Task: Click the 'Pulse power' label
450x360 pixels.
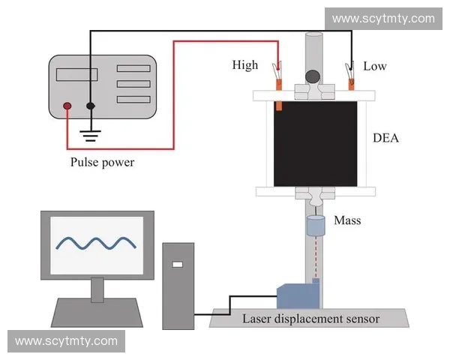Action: coord(102,162)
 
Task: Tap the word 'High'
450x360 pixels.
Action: coord(244,66)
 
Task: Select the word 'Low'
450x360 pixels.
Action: coord(374,66)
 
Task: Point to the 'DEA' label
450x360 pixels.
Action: coord(388,138)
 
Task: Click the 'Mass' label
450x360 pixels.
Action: coord(347,220)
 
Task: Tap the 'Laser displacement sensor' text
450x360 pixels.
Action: coord(310,319)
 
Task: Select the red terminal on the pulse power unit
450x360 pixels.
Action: coord(67,106)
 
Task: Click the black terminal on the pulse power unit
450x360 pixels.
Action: coord(91,106)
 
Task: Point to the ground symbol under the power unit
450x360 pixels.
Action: coord(91,136)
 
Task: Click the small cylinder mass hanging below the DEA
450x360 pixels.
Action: coord(314,223)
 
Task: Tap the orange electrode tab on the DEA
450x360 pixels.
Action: coord(278,106)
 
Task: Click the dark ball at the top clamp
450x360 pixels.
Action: coord(313,76)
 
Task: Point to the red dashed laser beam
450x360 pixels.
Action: coord(314,255)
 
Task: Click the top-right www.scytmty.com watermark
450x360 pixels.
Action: coord(382,19)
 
